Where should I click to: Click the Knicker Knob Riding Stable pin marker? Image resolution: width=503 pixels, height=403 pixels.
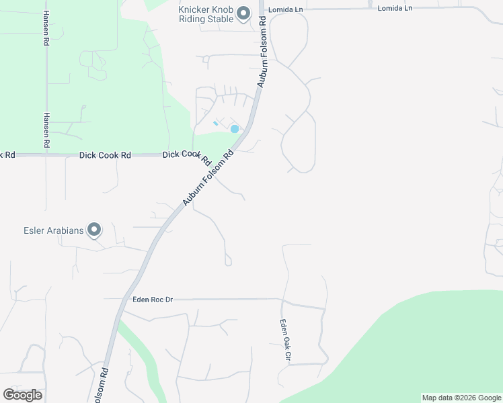(244, 13)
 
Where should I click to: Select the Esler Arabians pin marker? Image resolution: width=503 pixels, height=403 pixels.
(94, 230)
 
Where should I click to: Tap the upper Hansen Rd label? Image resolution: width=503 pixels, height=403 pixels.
(46, 29)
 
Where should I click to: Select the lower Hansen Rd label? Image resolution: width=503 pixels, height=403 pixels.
(46, 130)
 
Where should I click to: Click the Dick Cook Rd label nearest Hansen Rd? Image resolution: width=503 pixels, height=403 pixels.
(105, 155)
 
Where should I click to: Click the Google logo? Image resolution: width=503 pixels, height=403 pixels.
(22, 395)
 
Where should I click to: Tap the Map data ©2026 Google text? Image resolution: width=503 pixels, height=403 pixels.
(461, 398)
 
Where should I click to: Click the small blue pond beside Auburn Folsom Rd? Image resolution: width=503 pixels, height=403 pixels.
(235, 129)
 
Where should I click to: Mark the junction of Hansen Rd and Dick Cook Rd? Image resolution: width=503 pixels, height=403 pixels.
(46, 155)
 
